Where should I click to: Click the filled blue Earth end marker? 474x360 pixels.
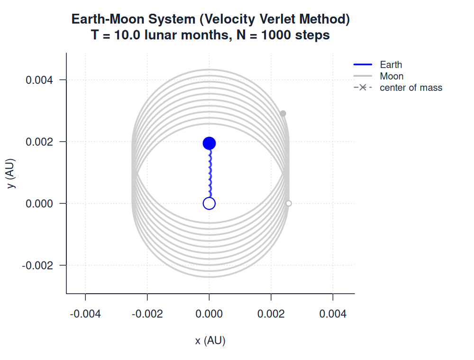click(x=209, y=143)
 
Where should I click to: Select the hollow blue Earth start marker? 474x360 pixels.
click(x=209, y=204)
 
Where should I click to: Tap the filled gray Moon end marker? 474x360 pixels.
click(x=283, y=114)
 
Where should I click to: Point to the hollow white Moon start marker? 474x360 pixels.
click(x=289, y=204)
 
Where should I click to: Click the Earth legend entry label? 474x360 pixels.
click(x=391, y=64)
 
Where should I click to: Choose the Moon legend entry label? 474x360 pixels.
click(x=392, y=76)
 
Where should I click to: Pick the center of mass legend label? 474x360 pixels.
click(x=411, y=88)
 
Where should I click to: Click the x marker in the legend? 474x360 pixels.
click(x=363, y=88)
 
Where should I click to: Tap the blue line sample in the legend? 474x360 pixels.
click(x=363, y=64)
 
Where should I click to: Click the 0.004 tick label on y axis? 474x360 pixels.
click(x=39, y=80)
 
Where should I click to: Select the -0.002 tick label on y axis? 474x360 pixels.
click(x=37, y=265)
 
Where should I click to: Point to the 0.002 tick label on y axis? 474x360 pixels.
click(x=39, y=142)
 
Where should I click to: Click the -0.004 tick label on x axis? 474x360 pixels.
click(x=85, y=314)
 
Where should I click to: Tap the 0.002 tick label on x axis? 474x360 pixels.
click(x=271, y=314)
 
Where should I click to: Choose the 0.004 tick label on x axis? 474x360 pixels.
click(x=333, y=314)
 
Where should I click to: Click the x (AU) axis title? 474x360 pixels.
click(x=210, y=341)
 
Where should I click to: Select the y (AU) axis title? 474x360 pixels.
click(x=10, y=173)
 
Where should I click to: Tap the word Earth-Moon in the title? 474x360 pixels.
click(x=108, y=19)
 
